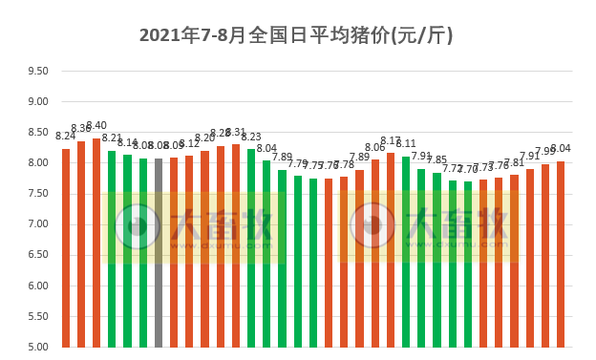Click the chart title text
point(296,35)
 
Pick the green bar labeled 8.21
point(112,248)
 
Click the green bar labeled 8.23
point(251,247)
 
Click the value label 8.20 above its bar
point(204,138)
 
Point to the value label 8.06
point(374,147)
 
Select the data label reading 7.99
point(545,152)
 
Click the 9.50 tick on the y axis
point(38,71)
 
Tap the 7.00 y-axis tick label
point(38,224)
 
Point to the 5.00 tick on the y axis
point(38,347)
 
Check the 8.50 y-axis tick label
point(38,132)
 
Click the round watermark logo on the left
point(138,225)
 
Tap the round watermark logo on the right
point(372,225)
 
